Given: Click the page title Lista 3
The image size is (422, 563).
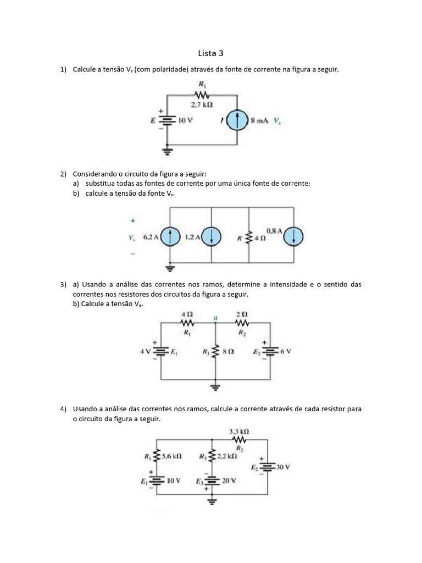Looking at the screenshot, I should pos(211,53).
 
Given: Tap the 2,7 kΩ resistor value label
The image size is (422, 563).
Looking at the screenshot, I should pos(202,104).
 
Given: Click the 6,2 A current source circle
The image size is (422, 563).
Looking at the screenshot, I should pos(170,238).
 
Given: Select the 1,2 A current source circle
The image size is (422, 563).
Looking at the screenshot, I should pos(212,238).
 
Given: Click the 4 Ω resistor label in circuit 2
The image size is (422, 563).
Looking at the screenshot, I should pos(259,239).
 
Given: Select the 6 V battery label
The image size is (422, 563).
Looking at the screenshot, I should pos(285,351).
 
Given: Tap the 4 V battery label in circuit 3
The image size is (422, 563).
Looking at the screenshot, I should pos(146,351).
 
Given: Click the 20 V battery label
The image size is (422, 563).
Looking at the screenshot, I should pos(229,480).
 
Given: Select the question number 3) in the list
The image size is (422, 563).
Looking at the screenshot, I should pos(63,285).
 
